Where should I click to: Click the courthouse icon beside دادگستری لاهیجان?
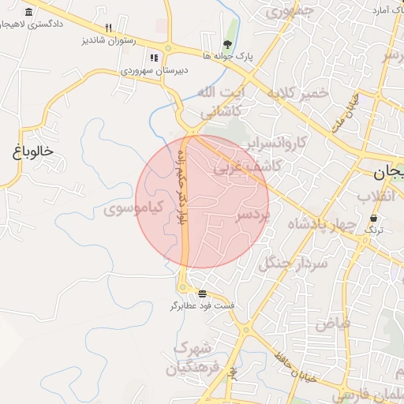point(29,13)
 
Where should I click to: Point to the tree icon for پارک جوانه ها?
point(227,43)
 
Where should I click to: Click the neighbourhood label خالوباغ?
point(32,151)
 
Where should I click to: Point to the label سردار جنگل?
point(292,264)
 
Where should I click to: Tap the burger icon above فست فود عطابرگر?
point(192,293)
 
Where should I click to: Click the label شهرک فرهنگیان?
point(192,357)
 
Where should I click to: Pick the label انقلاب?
point(380,196)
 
